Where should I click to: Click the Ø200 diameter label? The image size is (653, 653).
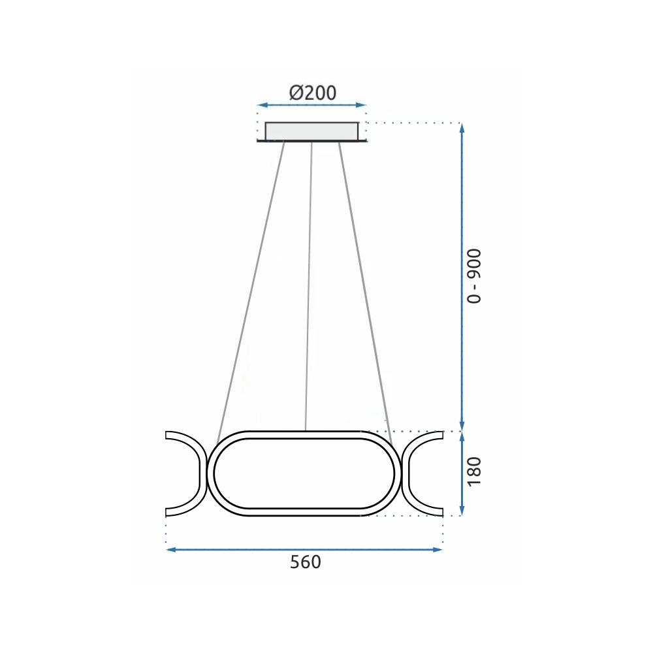click(313, 93)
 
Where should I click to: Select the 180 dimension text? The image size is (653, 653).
click(475, 471)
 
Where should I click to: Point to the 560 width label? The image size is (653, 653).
click(306, 562)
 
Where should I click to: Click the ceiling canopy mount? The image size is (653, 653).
click(312, 131)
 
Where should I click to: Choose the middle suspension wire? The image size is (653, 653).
click(309, 287)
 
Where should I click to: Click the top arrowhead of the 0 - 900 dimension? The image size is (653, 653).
click(462, 127)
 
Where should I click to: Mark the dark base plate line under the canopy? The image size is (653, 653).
click(312, 141)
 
